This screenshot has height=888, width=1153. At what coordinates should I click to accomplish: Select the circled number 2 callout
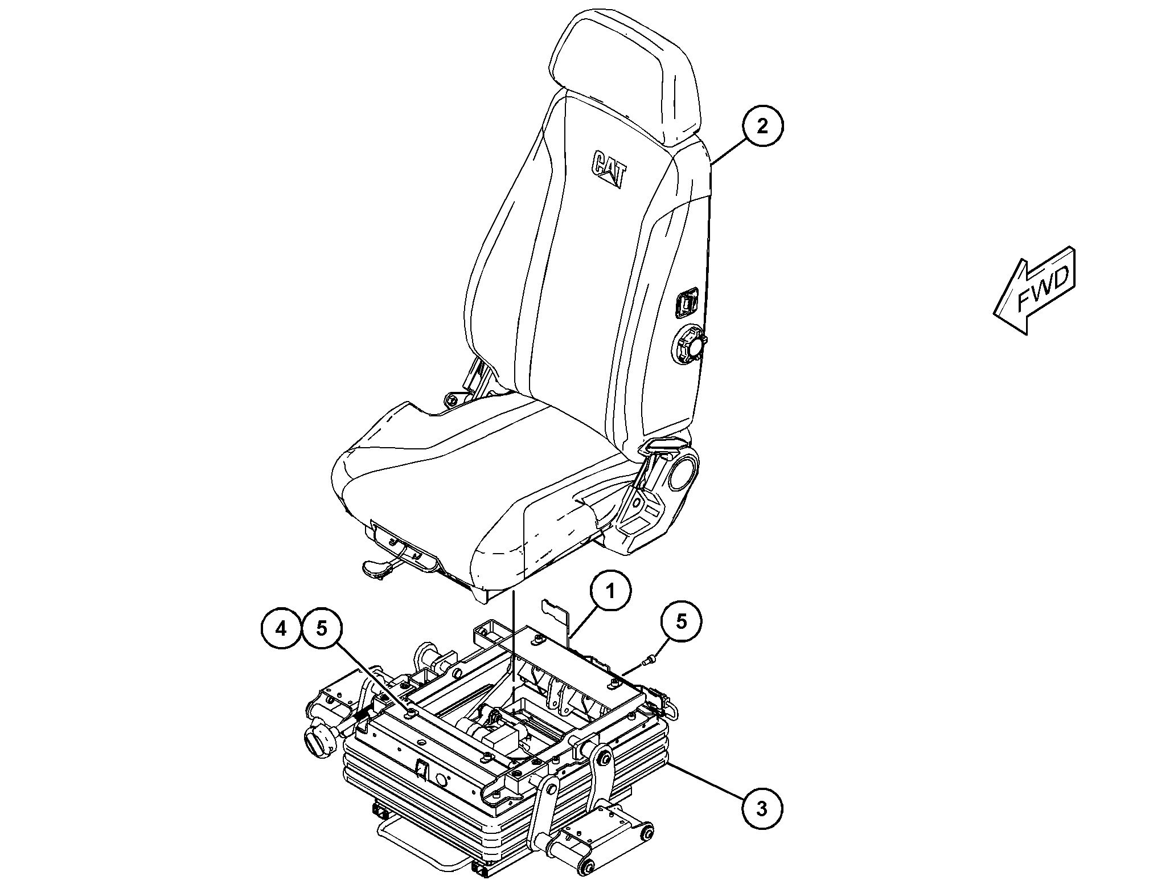pyautogui.click(x=762, y=126)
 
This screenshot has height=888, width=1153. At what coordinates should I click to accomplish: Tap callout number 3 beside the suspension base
pyautogui.click(x=762, y=808)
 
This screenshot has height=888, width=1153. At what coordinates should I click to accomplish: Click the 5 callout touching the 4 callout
pyautogui.click(x=322, y=629)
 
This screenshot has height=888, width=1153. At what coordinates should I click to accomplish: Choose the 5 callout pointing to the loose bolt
pyautogui.click(x=682, y=621)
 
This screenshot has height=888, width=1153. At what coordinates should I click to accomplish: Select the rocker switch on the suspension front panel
pyautogui.click(x=421, y=771)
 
